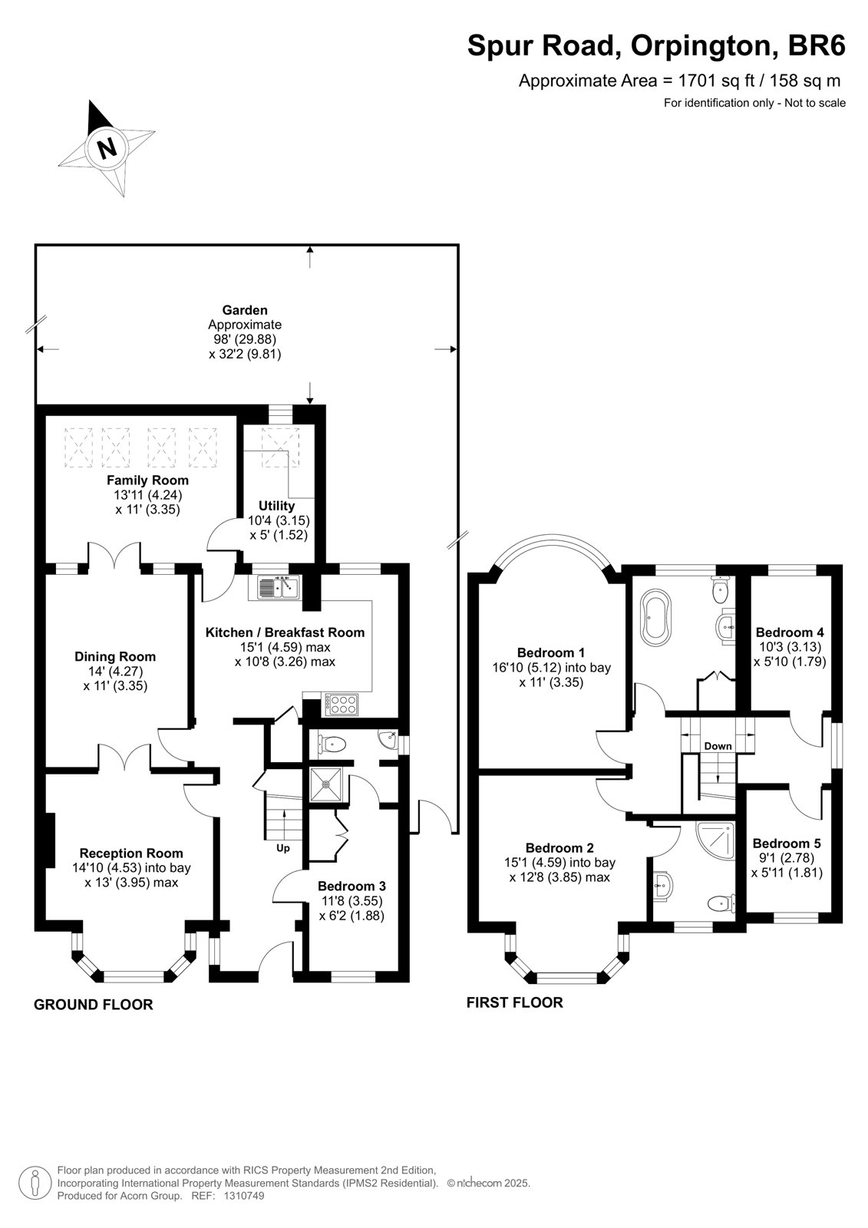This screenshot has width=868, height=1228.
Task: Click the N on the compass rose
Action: pyautogui.click(x=107, y=147)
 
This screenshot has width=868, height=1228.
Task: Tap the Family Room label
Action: pyautogui.click(x=147, y=480)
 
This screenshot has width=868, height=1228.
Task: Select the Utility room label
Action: pyautogui.click(x=276, y=506)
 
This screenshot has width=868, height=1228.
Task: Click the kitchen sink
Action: pyautogui.click(x=279, y=588)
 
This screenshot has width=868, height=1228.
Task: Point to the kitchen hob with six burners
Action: pyautogui.click(x=342, y=705)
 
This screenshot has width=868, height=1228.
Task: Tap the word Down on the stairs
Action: pyautogui.click(x=718, y=746)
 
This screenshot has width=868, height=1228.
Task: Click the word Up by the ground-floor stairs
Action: pyautogui.click(x=282, y=848)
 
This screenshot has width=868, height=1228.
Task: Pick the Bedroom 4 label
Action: pyautogui.click(x=790, y=632)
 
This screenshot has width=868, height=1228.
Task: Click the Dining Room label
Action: pyautogui.click(x=115, y=656)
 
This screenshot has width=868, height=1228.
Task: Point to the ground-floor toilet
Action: pyautogui.click(x=332, y=744)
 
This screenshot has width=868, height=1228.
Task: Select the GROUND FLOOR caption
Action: pyautogui.click(x=93, y=1005)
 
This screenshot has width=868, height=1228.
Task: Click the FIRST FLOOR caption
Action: pyautogui.click(x=515, y=1002)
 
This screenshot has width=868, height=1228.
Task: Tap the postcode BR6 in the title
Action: pyautogui.click(x=817, y=45)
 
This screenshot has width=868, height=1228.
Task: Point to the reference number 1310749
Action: pyautogui.click(x=243, y=1196)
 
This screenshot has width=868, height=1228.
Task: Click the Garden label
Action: pyautogui.click(x=245, y=310)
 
